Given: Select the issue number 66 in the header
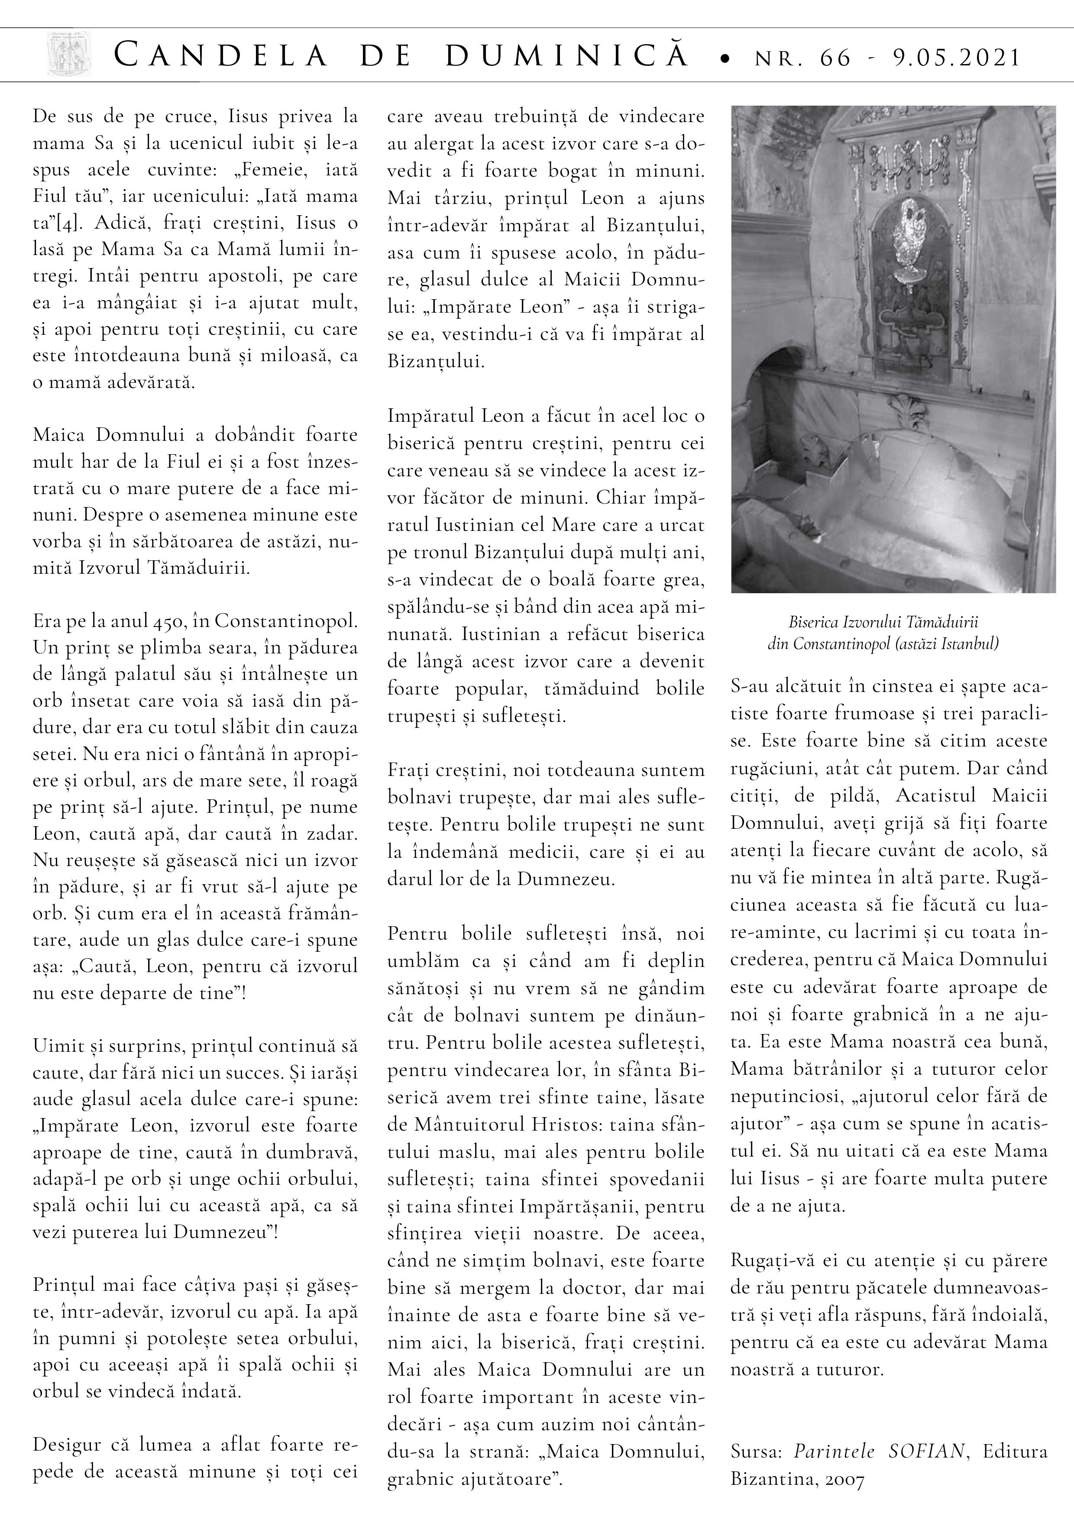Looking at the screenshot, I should click(835, 58).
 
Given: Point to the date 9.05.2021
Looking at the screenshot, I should click(955, 58).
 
